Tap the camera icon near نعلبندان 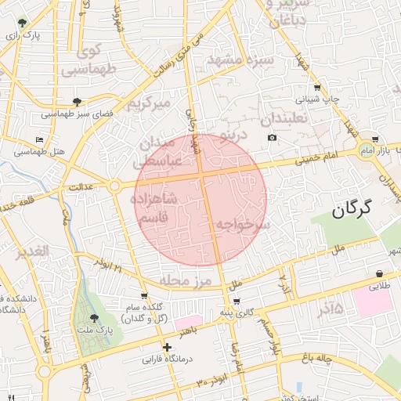pos(272,138)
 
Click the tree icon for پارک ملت pos(95,318)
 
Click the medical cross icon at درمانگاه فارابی pos(166,347)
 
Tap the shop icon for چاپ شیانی pos(316,88)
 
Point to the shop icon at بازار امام pos(375,139)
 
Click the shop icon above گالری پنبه pos(237,301)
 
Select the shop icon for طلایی pos(380,273)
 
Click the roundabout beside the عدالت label pos(115,186)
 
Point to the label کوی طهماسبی pos(84,61)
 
